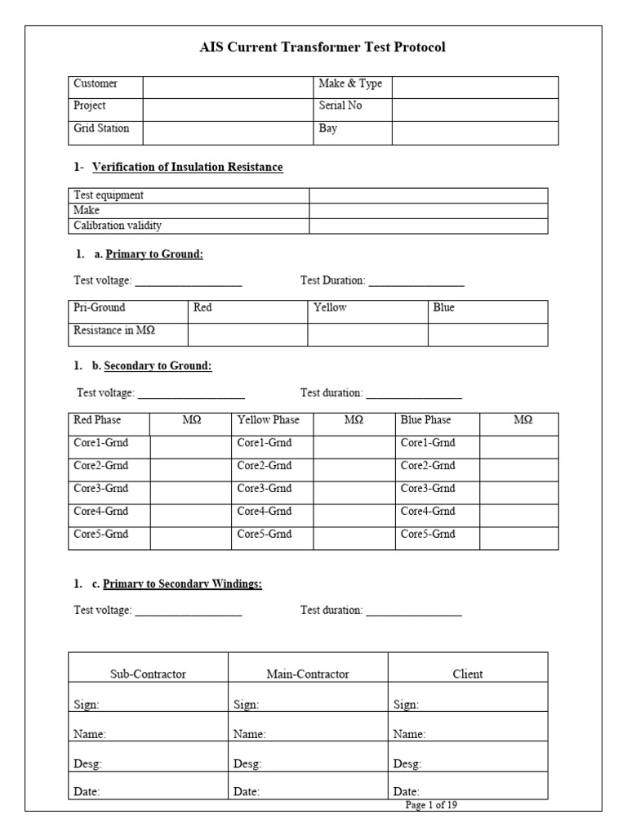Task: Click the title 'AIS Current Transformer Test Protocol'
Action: click(x=322, y=47)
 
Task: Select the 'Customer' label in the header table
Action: click(x=96, y=83)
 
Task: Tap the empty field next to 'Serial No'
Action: click(x=474, y=106)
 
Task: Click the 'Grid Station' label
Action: click(x=101, y=128)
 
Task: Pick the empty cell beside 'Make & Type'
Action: click(x=474, y=84)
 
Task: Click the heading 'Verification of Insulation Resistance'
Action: click(x=187, y=167)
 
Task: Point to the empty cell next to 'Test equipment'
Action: click(x=428, y=195)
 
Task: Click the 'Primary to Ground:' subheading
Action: click(x=154, y=254)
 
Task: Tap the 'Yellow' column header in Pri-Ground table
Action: click(x=330, y=307)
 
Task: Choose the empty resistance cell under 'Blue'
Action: click(x=487, y=333)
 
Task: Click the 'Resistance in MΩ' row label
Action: click(x=114, y=330)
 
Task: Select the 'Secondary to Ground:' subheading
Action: click(x=158, y=365)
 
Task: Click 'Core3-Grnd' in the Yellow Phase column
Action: click(x=265, y=488)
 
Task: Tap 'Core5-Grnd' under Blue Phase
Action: click(x=428, y=534)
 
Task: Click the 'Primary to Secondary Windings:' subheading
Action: click(x=182, y=584)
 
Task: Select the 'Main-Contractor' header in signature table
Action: click(x=308, y=674)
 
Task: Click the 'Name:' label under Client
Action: click(x=409, y=734)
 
